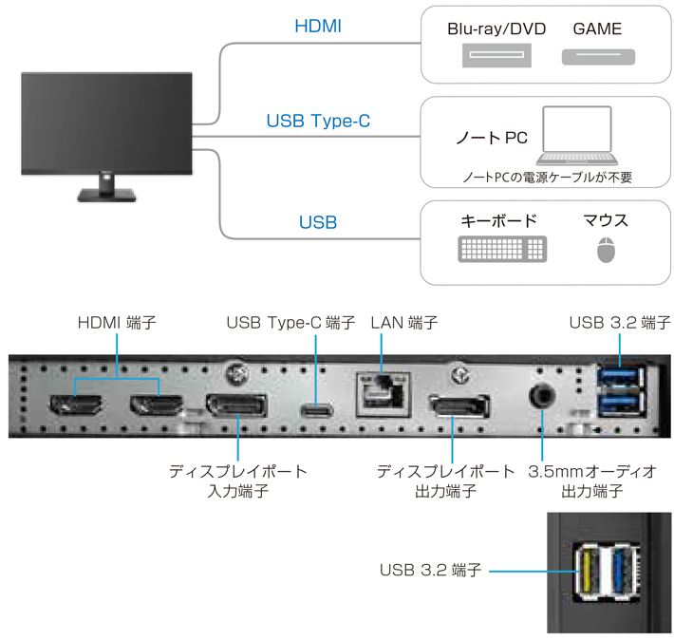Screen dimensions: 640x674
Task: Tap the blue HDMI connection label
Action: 318,27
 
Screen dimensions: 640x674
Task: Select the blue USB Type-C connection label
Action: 318,122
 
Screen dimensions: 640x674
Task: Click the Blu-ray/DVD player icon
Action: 496,58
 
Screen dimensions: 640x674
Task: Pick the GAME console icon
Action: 598,58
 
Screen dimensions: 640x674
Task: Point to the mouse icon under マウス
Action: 606,251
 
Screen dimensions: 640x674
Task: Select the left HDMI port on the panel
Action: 74,407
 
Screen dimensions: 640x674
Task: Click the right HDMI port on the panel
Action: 157,407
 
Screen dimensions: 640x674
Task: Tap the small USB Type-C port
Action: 316,411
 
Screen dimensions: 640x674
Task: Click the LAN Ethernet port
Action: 381,389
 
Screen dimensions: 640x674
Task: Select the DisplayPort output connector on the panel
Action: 459,410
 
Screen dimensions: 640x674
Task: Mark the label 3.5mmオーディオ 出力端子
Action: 591,480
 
